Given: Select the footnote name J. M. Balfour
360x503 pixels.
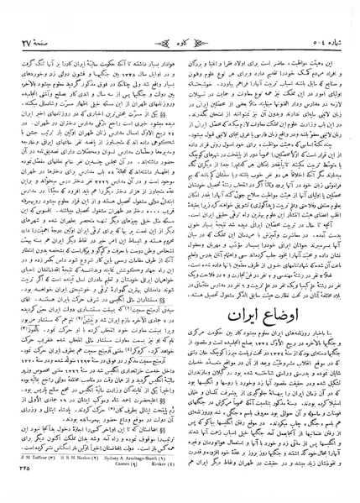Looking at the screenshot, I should [x=29, y=481].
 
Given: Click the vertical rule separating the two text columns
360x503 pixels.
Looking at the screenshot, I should [x=180, y=252].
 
